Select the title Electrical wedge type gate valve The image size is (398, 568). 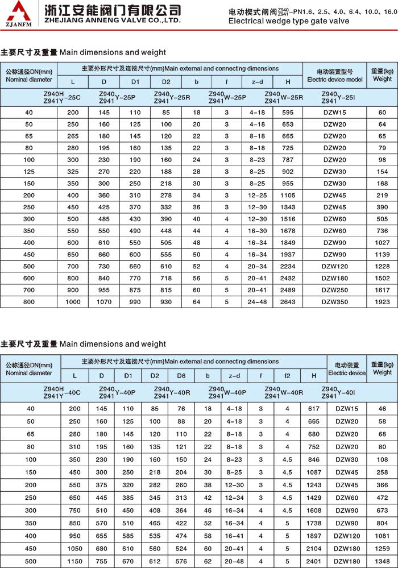point(289,21)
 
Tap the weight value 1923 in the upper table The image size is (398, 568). point(382,302)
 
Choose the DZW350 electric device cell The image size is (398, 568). point(334,302)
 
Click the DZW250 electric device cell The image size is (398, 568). point(334,290)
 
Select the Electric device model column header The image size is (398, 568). point(334,76)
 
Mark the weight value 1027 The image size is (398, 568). point(382,243)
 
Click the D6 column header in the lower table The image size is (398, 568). point(181,375)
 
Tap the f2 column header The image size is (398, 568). point(287,375)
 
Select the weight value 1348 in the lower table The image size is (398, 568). point(382,561)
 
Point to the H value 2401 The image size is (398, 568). point(314,561)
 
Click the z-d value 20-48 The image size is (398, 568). point(234,561)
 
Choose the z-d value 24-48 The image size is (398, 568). point(258,302)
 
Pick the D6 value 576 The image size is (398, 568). point(181,561)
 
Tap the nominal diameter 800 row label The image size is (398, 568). point(29,302)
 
